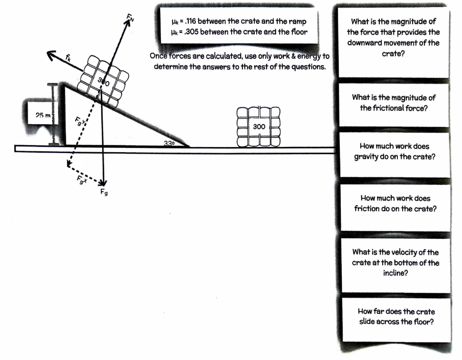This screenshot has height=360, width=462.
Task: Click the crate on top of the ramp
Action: coord(106,82)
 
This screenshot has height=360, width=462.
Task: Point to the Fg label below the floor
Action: coord(104,193)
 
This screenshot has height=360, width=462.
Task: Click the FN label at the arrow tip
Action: coord(131,18)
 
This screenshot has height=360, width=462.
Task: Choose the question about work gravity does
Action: coord(395,152)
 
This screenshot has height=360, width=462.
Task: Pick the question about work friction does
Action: coord(395,203)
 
